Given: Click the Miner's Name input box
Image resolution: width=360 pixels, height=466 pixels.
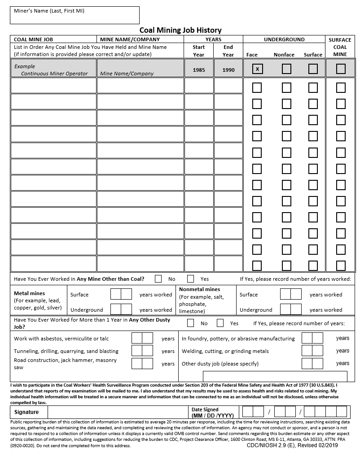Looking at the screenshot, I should [75, 15].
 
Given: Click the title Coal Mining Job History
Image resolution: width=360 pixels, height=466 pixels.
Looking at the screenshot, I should [180, 30].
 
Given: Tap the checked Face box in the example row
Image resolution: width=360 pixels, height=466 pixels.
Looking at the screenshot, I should [257, 69].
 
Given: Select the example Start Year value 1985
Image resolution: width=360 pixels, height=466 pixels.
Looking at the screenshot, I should [199, 70].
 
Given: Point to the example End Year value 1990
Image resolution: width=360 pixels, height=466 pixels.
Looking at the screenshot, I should [228, 70].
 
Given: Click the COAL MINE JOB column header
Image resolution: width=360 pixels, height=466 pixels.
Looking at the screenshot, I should [34, 39].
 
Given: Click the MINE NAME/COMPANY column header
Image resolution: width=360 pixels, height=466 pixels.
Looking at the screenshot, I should [130, 39].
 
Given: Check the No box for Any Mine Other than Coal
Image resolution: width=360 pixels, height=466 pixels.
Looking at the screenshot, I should [158, 279].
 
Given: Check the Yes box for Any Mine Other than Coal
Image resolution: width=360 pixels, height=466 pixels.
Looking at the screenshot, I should [191, 279].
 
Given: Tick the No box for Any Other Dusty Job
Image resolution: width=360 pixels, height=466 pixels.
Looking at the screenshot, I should [191, 323].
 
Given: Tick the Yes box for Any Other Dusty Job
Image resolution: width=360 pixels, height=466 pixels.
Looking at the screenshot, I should [220, 323].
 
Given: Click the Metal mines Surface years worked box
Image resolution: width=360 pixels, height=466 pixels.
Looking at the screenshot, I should [121, 294].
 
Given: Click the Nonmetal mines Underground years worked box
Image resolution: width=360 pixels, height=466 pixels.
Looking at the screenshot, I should [290, 309].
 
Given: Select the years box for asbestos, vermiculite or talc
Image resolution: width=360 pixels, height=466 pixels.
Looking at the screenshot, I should [142, 338].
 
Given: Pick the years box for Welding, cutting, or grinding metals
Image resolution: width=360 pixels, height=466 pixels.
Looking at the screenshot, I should [312, 351].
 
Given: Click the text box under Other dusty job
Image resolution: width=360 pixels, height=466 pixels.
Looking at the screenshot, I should [275, 376].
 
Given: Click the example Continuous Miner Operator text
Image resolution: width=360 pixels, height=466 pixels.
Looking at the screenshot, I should [54, 74].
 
